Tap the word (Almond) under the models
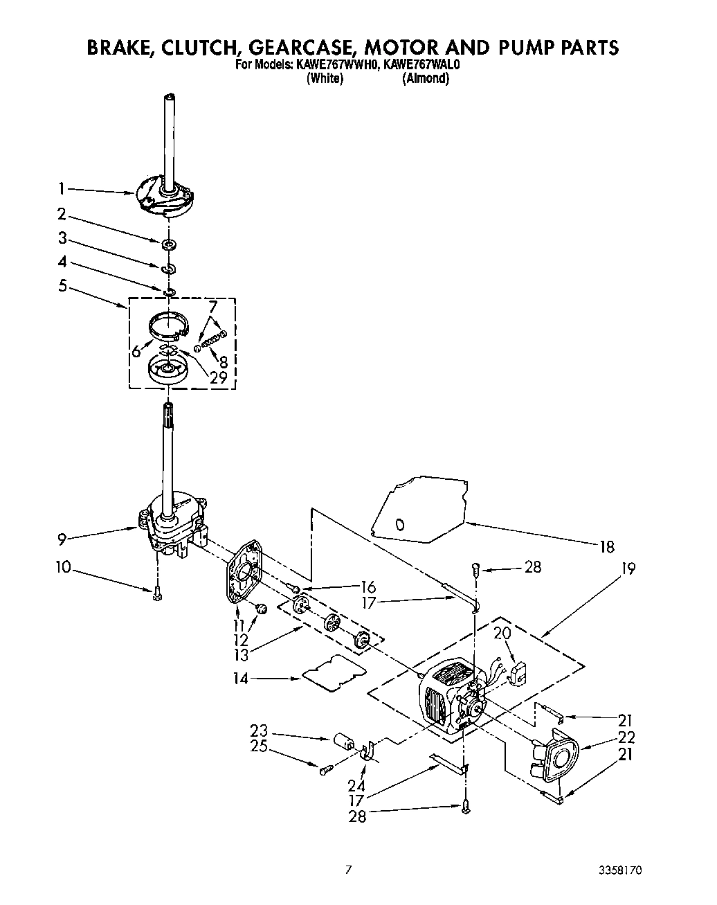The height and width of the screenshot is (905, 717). pos(426,78)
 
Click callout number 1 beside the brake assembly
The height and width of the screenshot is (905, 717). pos(62,188)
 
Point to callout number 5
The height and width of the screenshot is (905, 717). pos(63,285)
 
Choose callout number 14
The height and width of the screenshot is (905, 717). pos(240,679)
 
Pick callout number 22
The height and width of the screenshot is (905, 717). pos(626,737)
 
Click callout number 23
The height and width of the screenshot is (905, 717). pos(258,731)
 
